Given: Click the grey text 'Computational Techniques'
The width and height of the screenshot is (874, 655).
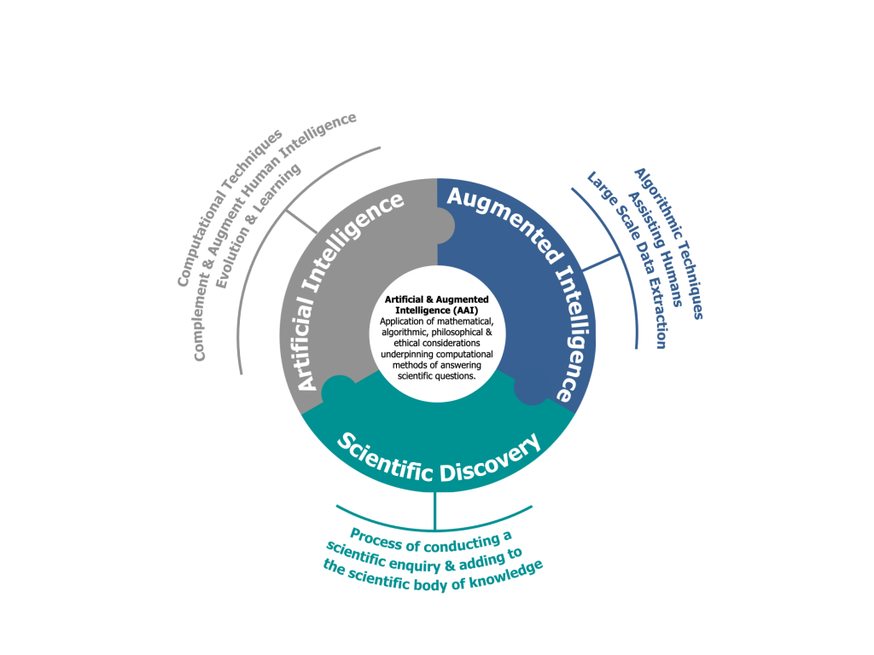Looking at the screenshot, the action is tap(230, 208).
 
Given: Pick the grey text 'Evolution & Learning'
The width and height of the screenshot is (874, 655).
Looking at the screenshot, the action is tap(258, 225).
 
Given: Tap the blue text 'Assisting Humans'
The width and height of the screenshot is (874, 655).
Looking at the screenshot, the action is tap(655, 249).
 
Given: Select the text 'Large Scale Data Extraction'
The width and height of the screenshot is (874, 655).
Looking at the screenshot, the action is tap(627, 259).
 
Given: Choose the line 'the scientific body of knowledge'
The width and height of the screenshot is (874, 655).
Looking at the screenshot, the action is tap(433, 576).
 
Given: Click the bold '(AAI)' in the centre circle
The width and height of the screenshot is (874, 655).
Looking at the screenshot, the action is tap(465, 310).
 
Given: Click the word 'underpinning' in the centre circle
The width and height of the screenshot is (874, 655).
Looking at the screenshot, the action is tap(405, 354).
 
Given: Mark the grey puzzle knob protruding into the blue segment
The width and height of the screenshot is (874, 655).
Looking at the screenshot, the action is tap(445, 226).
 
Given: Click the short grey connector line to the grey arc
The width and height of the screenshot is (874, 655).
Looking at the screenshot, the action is tap(301, 221).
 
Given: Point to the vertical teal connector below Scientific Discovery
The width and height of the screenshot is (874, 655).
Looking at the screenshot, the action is tap(434, 511).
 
